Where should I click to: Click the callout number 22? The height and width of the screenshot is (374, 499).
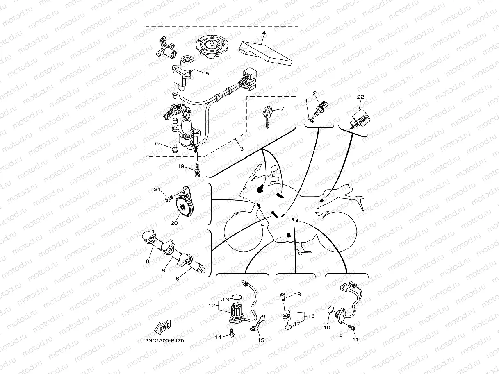pyautogui.click(x=360, y=97)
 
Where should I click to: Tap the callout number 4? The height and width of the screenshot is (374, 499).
pyautogui.click(x=264, y=32)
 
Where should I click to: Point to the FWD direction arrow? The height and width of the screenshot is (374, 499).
pyautogui.click(x=162, y=327)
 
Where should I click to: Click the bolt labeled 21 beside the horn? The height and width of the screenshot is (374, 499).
pyautogui.click(x=169, y=199)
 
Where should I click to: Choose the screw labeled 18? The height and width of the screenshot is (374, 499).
pyautogui.click(x=283, y=296)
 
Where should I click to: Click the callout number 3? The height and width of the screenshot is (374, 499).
pyautogui.click(x=242, y=149)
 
